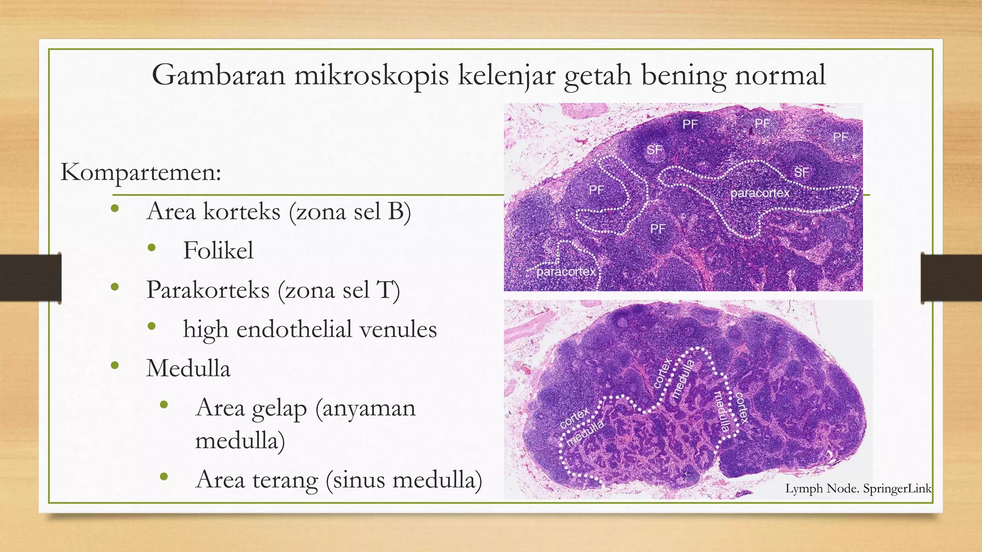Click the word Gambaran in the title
(x=218, y=75)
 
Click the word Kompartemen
(x=140, y=172)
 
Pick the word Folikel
(x=218, y=251)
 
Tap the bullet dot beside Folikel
(x=152, y=248)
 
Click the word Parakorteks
(x=208, y=290)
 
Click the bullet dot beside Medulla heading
(x=114, y=366)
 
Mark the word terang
(x=285, y=480)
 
